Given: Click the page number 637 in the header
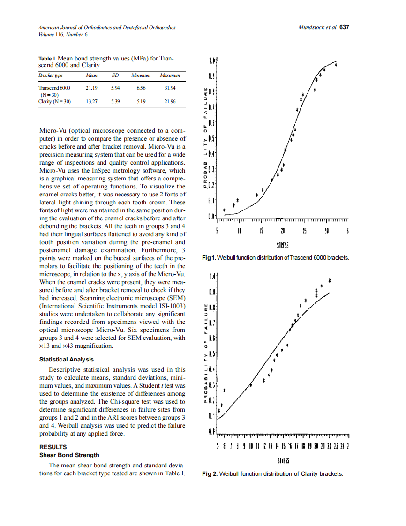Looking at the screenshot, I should click(x=345, y=28).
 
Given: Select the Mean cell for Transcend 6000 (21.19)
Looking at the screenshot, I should click(x=91, y=88).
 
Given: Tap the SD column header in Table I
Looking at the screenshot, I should click(x=115, y=75).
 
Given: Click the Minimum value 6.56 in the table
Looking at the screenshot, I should click(x=141, y=88).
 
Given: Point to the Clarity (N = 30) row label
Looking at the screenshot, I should click(x=54, y=101).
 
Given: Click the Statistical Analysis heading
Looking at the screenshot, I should click(x=67, y=360).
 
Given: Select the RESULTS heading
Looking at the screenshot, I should click(x=53, y=447).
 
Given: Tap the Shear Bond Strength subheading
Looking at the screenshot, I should click(x=69, y=455).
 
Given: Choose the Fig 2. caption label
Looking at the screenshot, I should click(x=210, y=473).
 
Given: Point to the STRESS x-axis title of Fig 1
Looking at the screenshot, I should click(x=282, y=246).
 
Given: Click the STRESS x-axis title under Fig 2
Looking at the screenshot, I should click(x=282, y=461).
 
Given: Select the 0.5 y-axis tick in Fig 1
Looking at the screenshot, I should click(x=211, y=139).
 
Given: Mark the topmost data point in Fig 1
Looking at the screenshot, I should click(x=336, y=64).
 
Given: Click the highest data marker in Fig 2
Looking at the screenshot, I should click(x=330, y=280).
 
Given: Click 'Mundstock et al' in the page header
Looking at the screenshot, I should click(x=317, y=28).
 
